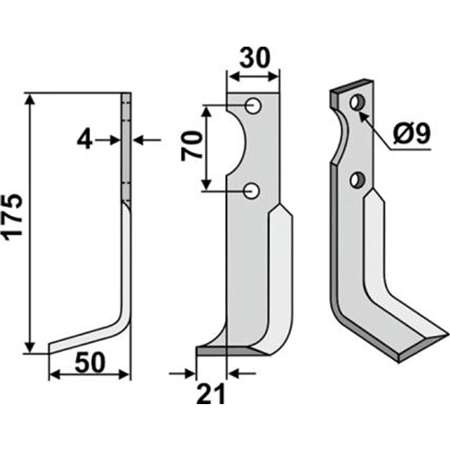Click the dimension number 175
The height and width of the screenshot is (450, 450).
pos(14,218)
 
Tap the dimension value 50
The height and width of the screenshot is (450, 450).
pos(90,363)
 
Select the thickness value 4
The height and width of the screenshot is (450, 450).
pos(85,140)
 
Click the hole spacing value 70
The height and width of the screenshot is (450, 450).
pos(191,146)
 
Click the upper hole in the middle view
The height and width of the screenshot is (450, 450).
pos(253,105)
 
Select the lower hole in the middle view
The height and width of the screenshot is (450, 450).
pos(251,191)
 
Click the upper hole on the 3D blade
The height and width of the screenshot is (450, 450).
pos(358,103)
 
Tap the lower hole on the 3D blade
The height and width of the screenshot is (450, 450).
pos(357,179)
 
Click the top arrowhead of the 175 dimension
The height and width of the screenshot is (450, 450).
pos(31,100)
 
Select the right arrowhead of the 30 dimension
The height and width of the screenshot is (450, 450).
pos(272,77)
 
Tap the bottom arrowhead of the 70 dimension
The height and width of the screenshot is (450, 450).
pos(206,183)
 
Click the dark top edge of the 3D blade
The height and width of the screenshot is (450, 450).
pos(352,85)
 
